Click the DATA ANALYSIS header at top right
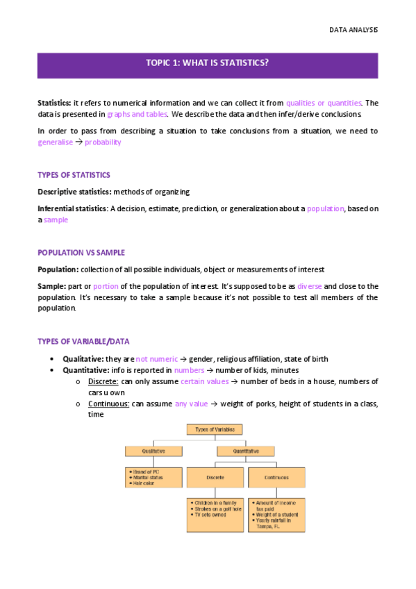click(353, 31)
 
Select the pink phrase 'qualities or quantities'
click(324, 103)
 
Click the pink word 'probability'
click(103, 142)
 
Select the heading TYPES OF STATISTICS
click(74, 175)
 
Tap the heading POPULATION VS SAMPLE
click(81, 253)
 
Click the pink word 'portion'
click(106, 286)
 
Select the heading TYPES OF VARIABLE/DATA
click(83, 341)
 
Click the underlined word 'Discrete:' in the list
click(103, 381)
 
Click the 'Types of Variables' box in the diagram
click(215, 429)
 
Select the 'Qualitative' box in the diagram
click(153, 451)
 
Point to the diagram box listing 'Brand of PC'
click(153, 477)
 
